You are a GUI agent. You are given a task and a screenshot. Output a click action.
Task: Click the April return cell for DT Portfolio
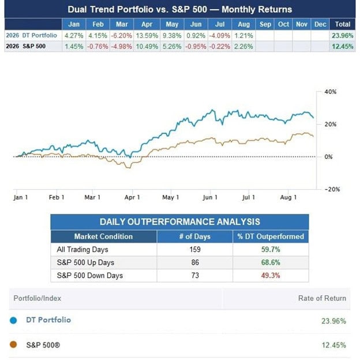click(147, 36)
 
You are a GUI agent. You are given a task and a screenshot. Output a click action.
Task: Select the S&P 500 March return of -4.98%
click(122, 47)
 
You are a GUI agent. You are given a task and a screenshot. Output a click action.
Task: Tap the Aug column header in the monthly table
click(243, 24)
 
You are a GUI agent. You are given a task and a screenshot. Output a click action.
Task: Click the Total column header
click(343, 24)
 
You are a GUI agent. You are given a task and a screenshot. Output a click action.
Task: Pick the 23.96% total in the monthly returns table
click(343, 36)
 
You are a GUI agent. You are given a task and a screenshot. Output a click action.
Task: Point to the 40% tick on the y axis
click(330, 92)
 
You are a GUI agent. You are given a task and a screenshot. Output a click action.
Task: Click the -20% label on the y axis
click(332, 189)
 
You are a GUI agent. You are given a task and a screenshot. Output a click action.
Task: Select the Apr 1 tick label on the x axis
click(132, 197)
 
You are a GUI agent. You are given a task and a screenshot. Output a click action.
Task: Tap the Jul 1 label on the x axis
click(249, 197)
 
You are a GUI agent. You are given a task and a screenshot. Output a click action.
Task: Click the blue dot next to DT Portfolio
click(13, 320)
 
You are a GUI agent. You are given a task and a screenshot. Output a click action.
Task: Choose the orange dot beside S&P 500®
click(13, 345)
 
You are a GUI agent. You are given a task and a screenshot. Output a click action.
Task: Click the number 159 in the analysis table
click(195, 250)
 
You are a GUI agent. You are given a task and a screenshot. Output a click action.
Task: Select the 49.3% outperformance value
click(271, 276)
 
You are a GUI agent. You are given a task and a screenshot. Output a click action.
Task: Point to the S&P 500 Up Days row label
click(85, 263)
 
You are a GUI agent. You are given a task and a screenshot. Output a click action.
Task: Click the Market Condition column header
click(103, 236)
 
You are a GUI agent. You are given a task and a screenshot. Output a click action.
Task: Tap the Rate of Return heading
click(322, 298)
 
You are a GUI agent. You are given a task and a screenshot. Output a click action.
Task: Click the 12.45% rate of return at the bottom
click(334, 345)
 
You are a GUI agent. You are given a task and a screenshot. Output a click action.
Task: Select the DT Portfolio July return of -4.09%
click(219, 36)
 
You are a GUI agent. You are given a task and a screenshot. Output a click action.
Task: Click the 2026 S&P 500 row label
click(25, 47)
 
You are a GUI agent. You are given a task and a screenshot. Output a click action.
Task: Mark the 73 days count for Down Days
click(195, 276)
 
